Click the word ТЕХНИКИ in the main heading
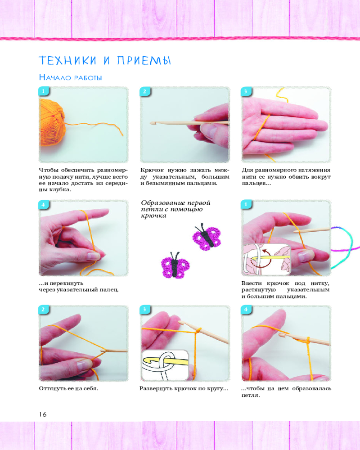67,61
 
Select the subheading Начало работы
70,77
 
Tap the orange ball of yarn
52,122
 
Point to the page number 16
43,414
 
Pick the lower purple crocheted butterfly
175,265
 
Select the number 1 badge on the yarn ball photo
43,91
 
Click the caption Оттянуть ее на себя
68,389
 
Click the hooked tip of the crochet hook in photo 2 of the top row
152,123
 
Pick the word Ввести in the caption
252,283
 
